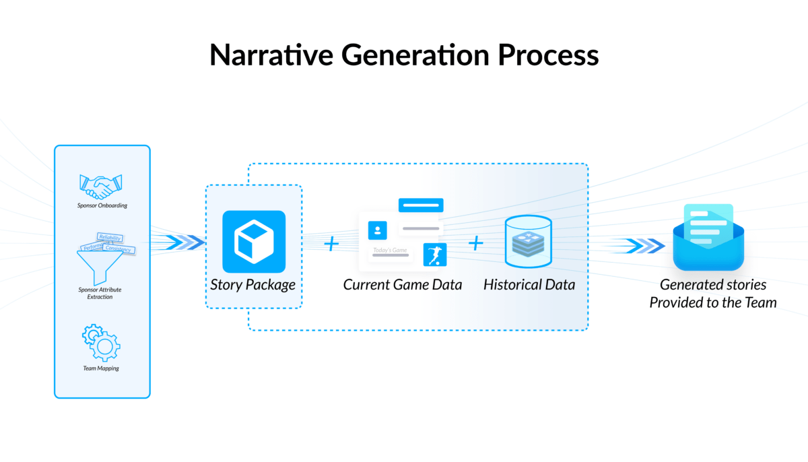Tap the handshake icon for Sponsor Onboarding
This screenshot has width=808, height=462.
click(x=102, y=183)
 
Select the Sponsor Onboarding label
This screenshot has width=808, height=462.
click(x=102, y=205)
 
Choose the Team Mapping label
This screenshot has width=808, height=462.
click(x=101, y=368)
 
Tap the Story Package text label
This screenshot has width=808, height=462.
click(x=253, y=284)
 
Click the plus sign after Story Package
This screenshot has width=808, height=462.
click(x=331, y=244)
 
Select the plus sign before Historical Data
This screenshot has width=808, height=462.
click(x=476, y=243)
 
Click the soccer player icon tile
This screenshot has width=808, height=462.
click(x=435, y=255)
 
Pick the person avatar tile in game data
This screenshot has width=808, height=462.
click(x=377, y=230)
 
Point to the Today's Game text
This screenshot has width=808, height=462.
click(x=391, y=251)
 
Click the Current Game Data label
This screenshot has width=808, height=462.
click(x=403, y=284)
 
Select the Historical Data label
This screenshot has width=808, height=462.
click(x=529, y=284)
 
